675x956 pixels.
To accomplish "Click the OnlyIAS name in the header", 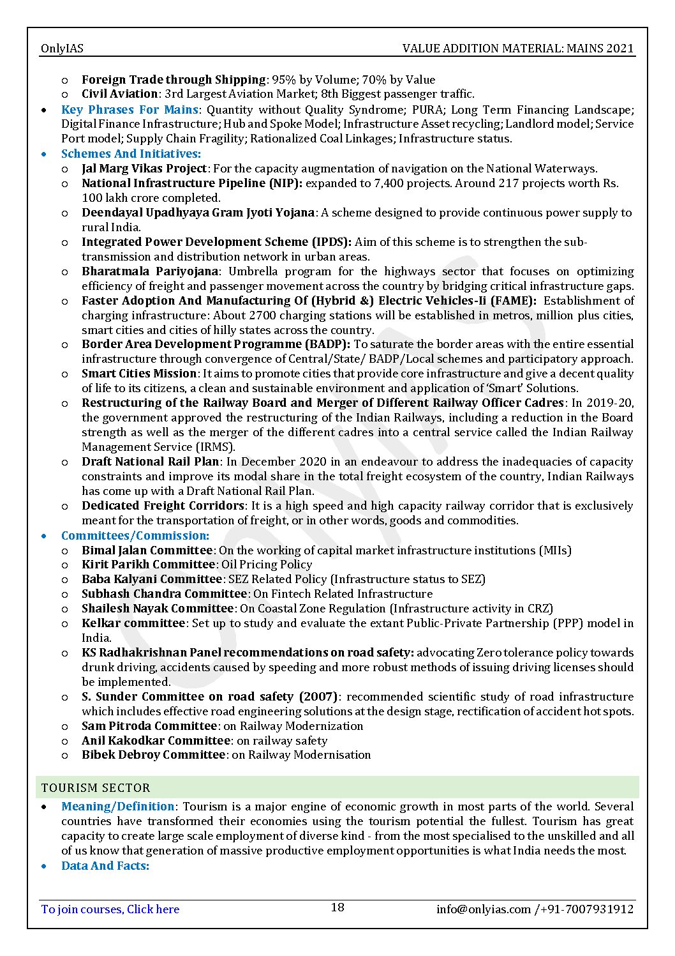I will coord(62,48).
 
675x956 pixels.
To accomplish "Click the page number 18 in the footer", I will coord(337,907).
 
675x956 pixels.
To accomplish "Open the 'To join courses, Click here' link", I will coord(110,909).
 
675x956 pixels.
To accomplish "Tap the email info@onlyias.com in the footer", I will coord(483,909).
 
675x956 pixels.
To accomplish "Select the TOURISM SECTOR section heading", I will coord(96,787).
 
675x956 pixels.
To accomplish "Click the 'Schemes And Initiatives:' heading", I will coord(131,153).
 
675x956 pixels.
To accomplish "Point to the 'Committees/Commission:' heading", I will coord(135,535).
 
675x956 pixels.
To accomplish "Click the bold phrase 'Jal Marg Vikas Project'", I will coord(144,169).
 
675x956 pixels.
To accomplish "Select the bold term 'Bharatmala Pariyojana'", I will coord(151,271).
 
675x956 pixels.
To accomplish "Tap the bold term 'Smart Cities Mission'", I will coord(138,374).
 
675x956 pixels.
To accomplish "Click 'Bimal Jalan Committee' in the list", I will coord(146,550).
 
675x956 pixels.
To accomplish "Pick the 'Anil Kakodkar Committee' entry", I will coord(155,740).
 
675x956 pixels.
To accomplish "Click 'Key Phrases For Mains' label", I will coord(129,109).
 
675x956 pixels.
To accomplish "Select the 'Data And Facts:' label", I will coord(105,865).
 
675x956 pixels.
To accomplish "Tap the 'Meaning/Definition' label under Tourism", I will coord(117,806).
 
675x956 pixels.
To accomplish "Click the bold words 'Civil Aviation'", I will coord(119,94).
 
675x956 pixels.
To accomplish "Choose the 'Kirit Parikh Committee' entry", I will coord(147,564).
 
